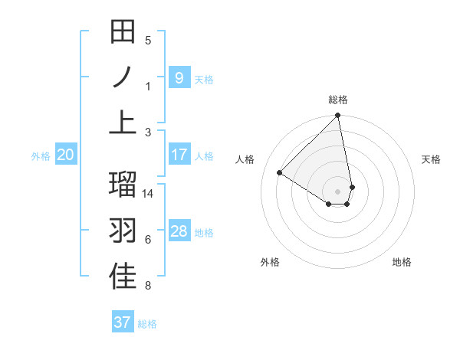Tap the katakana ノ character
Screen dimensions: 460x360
(x=123, y=77)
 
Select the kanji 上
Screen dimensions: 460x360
(x=123, y=123)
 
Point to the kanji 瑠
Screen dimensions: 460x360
(x=123, y=185)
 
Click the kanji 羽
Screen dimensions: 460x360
(x=123, y=231)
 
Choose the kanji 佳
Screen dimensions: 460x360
(x=123, y=277)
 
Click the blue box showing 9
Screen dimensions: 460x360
(x=179, y=77)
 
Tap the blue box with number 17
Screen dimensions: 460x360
(x=179, y=155)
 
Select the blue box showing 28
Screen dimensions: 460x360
(x=179, y=231)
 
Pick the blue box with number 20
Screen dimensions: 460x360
(x=65, y=155)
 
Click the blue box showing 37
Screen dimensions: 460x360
(x=122, y=322)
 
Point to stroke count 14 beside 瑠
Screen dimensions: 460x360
(x=148, y=194)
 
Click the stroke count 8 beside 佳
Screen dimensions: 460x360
(x=148, y=286)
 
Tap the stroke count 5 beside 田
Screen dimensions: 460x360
(x=148, y=40)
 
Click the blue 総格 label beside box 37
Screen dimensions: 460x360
(x=147, y=324)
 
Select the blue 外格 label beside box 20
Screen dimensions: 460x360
(x=40, y=156)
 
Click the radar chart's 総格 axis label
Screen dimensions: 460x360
(x=337, y=100)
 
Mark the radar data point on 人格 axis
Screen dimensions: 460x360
(x=280, y=173)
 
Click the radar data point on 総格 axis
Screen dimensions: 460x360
(x=337, y=116)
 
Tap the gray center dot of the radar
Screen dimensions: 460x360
(x=337, y=190)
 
